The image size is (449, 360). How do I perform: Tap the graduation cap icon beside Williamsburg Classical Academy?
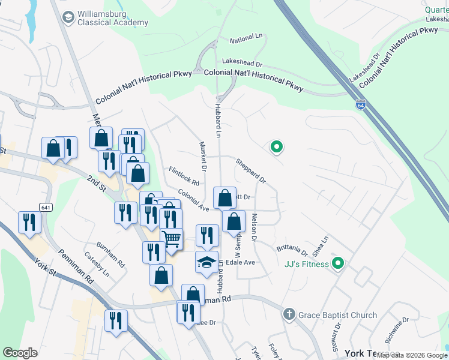[x=68, y=17]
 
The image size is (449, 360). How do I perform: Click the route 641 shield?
[x=46, y=207]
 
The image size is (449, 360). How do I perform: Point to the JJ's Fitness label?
[x=306, y=264]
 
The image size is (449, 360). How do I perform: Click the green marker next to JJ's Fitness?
[x=337, y=263]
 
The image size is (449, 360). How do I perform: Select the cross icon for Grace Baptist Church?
[x=289, y=314]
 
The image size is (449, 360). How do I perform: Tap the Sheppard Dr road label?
[x=250, y=170]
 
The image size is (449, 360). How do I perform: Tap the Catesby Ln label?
[x=97, y=265]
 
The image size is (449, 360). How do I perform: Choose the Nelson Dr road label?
[x=254, y=228]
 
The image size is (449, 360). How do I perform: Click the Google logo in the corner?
[x=20, y=353]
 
